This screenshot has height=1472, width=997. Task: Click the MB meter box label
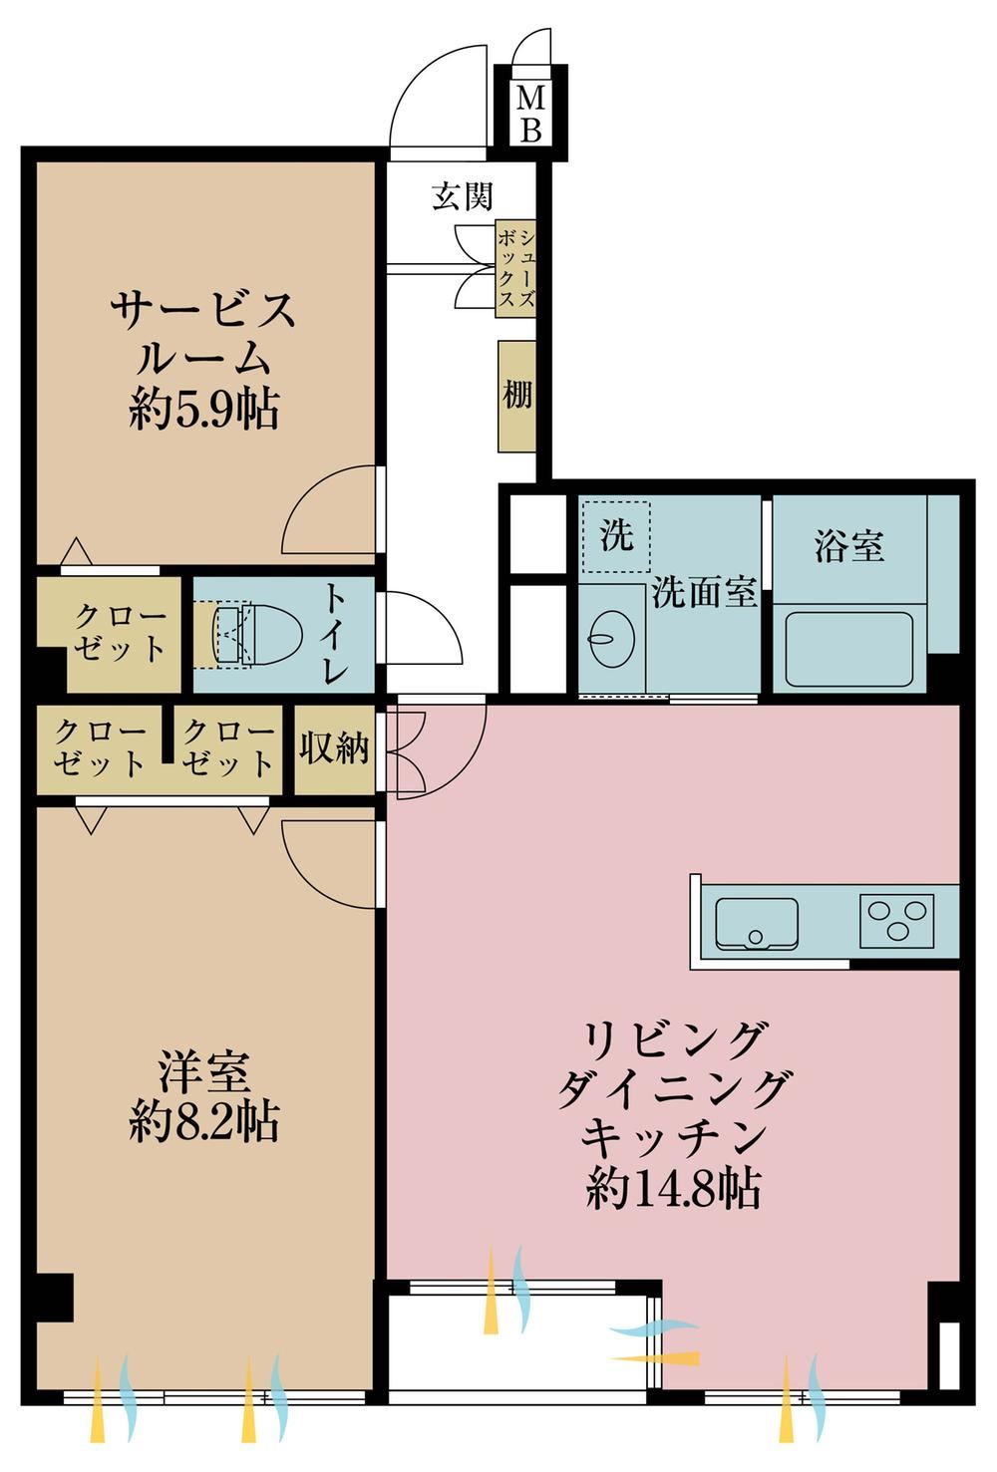click(530, 115)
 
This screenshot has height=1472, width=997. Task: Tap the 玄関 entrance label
click(462, 195)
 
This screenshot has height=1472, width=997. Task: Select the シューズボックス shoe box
click(515, 269)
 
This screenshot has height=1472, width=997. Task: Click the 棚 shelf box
click(516, 397)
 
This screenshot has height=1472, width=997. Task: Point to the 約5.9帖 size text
click(204, 409)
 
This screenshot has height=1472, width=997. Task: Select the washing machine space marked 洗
click(616, 536)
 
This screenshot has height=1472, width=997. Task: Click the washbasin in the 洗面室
click(612, 637)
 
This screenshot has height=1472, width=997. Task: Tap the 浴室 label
click(849, 545)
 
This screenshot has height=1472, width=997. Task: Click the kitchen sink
click(757, 923)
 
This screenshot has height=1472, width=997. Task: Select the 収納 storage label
click(334, 747)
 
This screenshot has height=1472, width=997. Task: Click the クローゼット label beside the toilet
click(120, 632)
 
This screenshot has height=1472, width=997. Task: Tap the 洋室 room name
click(204, 1072)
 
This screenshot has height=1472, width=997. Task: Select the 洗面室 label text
click(704, 593)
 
